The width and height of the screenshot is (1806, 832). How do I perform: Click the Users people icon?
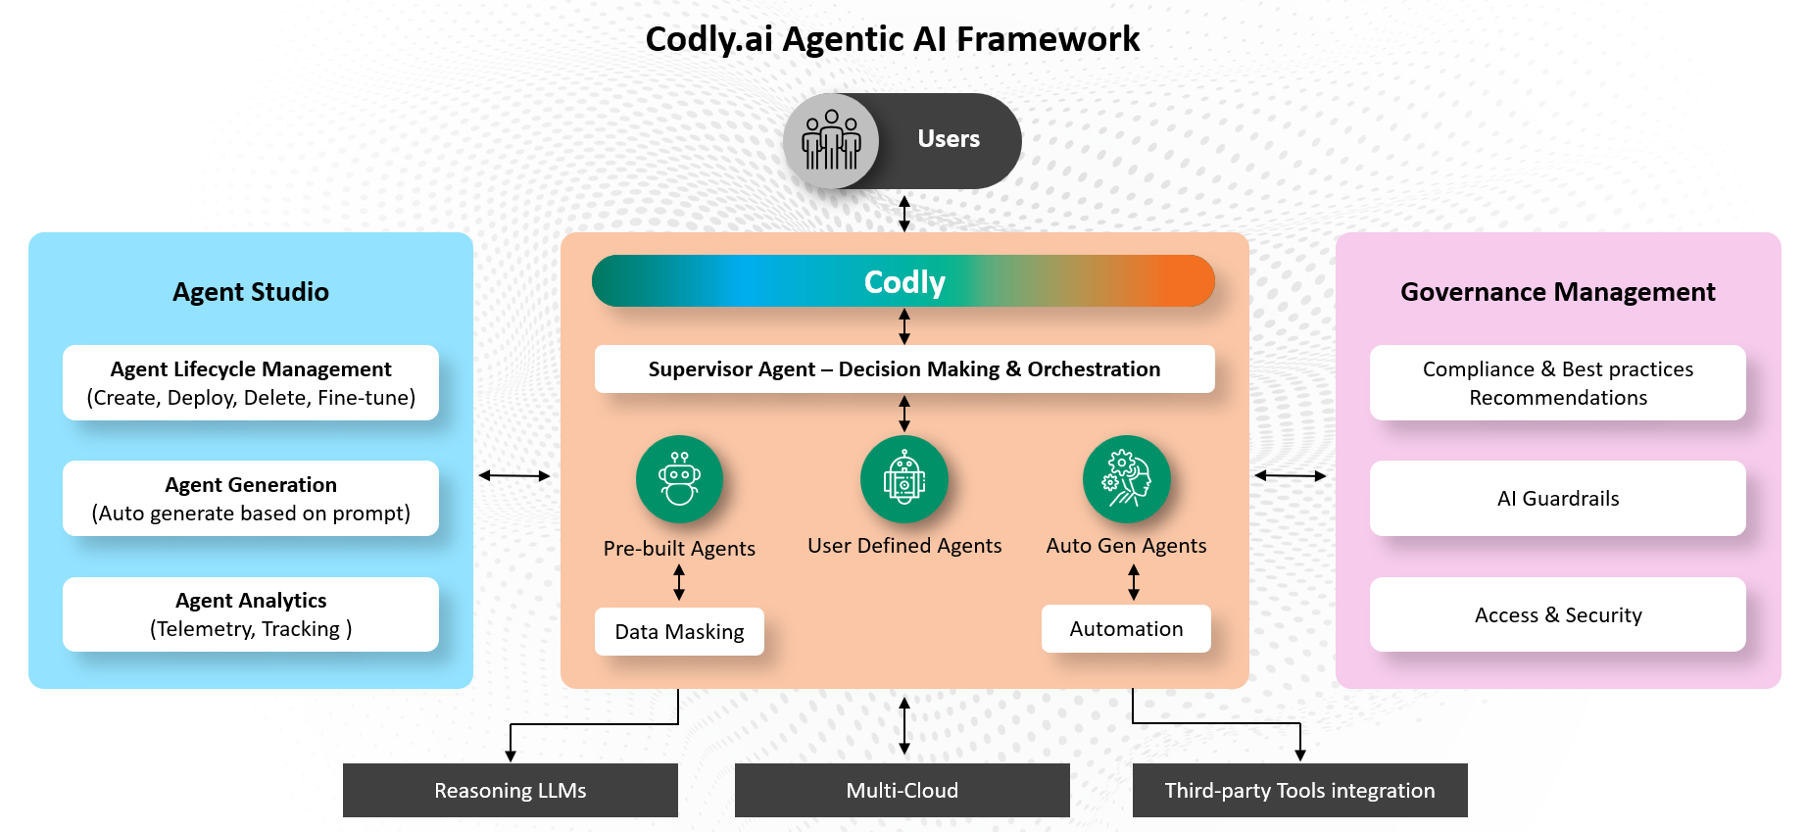coord(831,140)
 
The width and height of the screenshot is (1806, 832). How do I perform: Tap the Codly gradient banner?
coord(903,281)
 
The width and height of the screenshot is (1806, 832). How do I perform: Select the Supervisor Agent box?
coord(903,369)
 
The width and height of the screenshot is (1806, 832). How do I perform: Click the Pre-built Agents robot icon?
coord(679,478)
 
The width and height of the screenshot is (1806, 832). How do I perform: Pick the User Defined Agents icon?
coord(903,478)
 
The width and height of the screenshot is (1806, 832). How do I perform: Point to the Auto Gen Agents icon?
coord(1126,478)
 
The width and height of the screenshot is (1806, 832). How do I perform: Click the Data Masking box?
coord(679,632)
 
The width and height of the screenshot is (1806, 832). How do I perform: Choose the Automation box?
coord(1126,629)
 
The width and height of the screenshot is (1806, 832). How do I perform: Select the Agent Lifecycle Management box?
coord(251,383)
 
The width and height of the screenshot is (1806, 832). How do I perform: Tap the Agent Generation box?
coord(251,499)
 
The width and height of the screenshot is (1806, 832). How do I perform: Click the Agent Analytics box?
coord(251,614)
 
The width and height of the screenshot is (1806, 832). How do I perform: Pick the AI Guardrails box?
coord(1557,499)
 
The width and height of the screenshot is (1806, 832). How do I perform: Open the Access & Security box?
coord(1557,614)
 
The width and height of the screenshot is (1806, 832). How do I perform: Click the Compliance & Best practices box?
coord(1557,383)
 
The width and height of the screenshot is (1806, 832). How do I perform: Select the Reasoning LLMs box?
coord(510,790)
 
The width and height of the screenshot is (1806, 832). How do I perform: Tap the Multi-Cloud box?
coord(902,790)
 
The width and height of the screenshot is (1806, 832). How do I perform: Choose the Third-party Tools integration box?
coord(1299,790)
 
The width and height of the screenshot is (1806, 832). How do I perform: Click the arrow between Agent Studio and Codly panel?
coord(514,475)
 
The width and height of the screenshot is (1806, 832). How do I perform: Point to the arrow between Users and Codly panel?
coord(904,214)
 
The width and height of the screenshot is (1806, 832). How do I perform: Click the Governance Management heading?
coord(1557,292)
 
